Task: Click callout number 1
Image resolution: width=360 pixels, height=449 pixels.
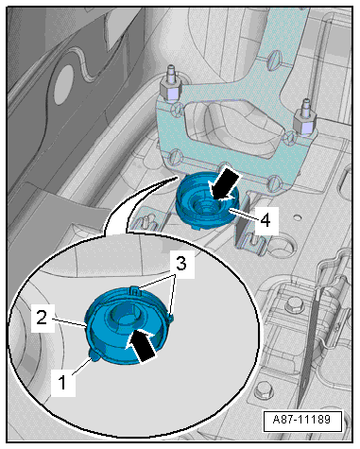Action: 62,383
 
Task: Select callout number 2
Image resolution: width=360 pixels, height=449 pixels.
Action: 43,318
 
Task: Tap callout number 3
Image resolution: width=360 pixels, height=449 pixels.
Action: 180,264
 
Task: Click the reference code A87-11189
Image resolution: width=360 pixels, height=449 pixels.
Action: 302,420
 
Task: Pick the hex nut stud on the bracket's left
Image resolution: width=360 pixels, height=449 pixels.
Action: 171,86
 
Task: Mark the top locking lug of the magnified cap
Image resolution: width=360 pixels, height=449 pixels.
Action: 134,290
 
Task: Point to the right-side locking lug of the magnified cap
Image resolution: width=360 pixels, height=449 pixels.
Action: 171,319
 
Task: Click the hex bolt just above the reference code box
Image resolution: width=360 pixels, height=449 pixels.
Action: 263,391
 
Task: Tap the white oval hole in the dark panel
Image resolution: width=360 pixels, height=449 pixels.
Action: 63,85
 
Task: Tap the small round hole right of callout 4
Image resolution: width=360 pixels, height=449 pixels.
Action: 297,217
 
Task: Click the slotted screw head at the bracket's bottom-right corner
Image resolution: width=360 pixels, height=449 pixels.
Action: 275,182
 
